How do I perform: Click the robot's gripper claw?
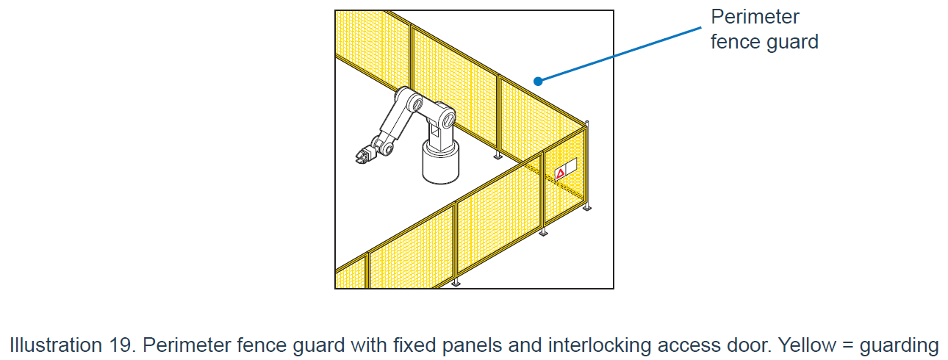[x=362, y=156]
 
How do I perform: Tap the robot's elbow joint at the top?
[x=406, y=98]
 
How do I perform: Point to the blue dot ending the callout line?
[x=538, y=80]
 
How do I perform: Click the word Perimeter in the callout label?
[x=754, y=17]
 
